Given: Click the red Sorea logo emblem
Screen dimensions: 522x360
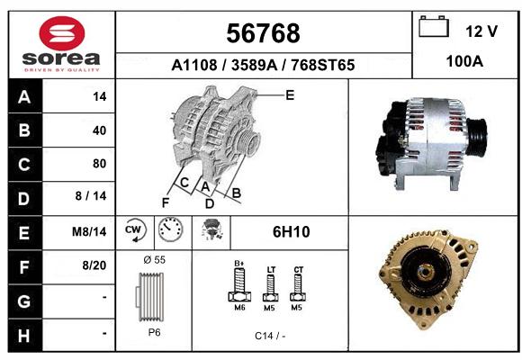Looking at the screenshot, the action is pos(62,33).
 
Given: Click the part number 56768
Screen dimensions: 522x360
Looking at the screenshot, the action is pos(263,33).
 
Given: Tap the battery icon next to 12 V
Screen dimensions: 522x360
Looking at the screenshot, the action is pos(434,26).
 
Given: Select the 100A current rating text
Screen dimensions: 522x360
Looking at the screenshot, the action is pos(464,61).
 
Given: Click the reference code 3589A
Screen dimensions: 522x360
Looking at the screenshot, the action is pos(254,65).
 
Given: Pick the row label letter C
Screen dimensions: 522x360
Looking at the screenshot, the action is pos(24,165).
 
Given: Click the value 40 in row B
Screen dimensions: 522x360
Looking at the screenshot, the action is pos(100,130).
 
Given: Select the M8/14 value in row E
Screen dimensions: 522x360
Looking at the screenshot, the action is pos(89,231).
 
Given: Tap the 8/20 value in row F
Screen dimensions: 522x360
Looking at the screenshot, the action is pos(94,265).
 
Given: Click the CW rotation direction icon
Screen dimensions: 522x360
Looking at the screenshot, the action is pos(136,229).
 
